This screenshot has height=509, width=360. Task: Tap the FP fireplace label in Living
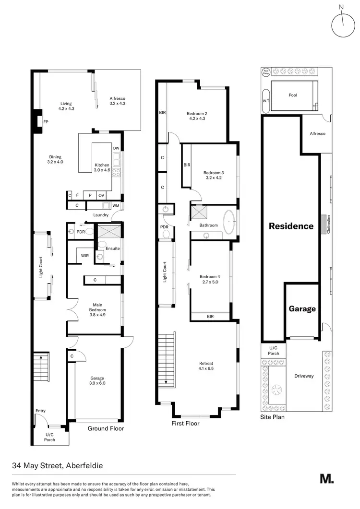[x=46, y=122]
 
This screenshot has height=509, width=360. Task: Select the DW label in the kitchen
[x=116, y=148]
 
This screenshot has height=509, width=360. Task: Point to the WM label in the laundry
[x=115, y=206]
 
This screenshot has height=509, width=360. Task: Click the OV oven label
[x=101, y=195]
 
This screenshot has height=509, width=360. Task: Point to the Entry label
[x=41, y=411]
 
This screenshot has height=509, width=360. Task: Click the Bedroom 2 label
[x=196, y=116]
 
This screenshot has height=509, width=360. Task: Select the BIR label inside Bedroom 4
[x=210, y=316]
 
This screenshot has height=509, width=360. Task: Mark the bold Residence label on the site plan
[x=291, y=226]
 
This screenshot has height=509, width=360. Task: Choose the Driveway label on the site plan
[x=304, y=376]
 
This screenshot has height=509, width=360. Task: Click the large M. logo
[x=327, y=479]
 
